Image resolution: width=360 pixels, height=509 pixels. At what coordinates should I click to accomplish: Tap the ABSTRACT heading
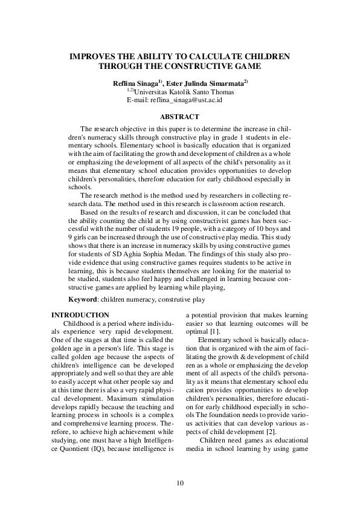click(179, 116)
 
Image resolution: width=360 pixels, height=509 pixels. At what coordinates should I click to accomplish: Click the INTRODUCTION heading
click(80, 315)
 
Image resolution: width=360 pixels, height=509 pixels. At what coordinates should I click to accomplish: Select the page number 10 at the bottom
click(180, 482)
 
